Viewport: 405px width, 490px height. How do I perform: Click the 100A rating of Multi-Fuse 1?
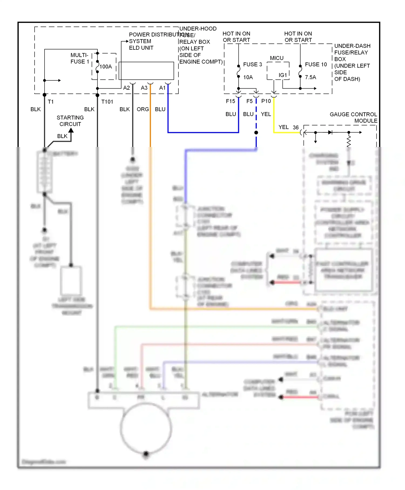[106, 66]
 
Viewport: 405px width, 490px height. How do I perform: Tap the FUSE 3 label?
[252, 64]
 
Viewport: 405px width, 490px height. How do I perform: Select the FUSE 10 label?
[316, 64]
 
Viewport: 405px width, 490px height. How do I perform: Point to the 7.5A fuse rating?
[310, 77]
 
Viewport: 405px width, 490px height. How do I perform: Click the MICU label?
[277, 58]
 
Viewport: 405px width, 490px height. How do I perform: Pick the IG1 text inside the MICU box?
[283, 75]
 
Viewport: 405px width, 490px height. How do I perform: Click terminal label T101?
[107, 102]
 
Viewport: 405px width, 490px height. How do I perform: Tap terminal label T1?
[51, 102]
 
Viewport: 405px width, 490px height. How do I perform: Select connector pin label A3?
[144, 88]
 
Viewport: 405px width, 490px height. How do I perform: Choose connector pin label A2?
[126, 88]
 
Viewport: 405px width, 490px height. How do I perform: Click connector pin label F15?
[230, 101]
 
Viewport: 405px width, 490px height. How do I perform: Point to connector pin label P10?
[266, 101]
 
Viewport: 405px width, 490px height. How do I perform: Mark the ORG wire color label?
[143, 109]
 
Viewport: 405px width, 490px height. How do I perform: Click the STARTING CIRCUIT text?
[70, 121]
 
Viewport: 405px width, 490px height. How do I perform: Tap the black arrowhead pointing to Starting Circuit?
[71, 130]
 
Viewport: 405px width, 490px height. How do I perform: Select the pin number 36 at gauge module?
[296, 127]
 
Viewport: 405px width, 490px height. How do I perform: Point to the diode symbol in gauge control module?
[330, 132]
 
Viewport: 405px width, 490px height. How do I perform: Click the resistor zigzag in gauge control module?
[349, 141]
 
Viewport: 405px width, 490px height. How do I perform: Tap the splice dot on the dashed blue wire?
[256, 133]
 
